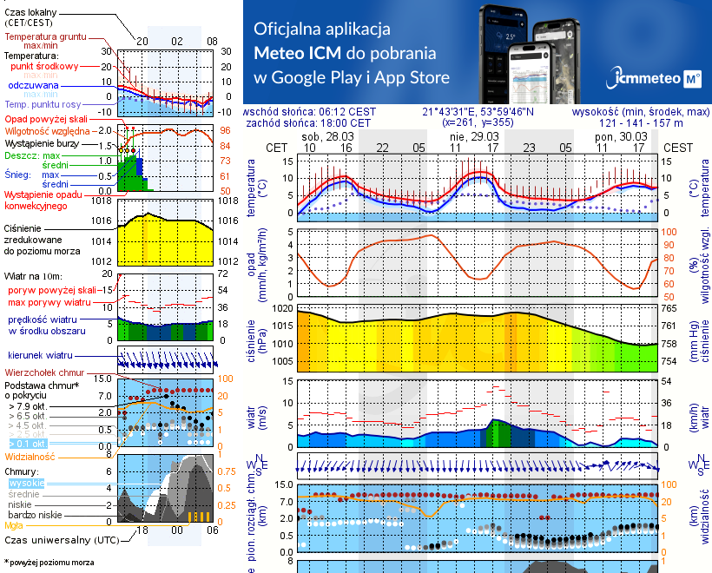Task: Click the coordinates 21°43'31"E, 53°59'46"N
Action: click(478, 112)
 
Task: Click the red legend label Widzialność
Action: click(30, 456)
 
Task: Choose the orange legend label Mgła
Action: click(14, 525)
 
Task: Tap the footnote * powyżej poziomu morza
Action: click(49, 563)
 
